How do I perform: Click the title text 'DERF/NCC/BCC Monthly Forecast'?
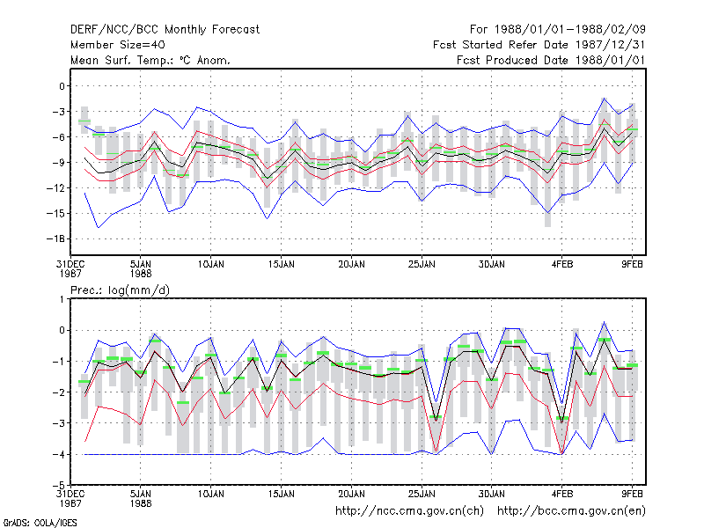coord(165,30)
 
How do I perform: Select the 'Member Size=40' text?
coord(118,45)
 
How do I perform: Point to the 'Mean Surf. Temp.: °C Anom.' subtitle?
coord(150,60)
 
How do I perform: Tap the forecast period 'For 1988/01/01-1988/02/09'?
coord(558,30)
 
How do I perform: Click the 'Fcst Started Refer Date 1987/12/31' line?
coord(539,45)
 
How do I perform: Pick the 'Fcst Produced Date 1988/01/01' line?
coord(551,60)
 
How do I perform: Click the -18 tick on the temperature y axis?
coord(55,238)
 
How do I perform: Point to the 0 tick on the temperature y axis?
coord(62,86)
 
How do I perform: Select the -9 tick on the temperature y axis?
coord(59,163)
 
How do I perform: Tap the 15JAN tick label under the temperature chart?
coord(281,265)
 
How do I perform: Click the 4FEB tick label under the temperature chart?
coord(561,265)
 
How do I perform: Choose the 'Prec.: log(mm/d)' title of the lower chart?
coord(120,290)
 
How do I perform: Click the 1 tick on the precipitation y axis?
coord(62,299)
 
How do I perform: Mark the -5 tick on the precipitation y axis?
coord(59,485)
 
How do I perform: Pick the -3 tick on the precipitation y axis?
coord(59,423)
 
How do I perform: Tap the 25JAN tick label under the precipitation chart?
coord(422,494)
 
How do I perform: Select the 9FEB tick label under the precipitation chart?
coord(632,494)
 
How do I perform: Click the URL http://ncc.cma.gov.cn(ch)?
coord(409,511)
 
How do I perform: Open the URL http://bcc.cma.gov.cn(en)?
coord(571,511)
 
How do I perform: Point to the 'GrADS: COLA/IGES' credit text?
coord(40,523)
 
